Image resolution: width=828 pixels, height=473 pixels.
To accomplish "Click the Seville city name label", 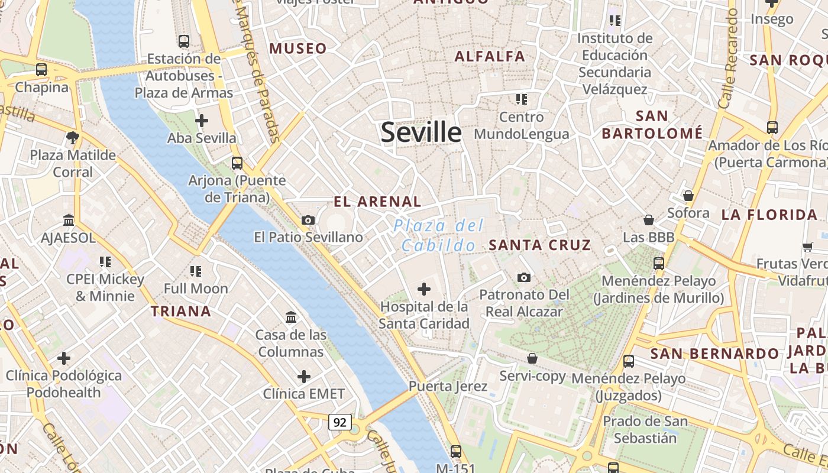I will pos(421,132).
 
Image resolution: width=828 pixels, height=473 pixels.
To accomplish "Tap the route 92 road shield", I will pos(339,422).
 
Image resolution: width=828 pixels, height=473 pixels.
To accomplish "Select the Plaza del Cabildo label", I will pos(438,235).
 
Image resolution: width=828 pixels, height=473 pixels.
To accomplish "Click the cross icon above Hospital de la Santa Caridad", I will pos(424,289).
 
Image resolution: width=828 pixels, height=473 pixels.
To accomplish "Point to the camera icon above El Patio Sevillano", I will pos(308,221).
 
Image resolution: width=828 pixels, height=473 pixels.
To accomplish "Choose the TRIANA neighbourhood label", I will pos(181,311).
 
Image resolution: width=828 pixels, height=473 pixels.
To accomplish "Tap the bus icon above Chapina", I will pos(41,70).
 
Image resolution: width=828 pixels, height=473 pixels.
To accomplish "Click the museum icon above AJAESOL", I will pos(69,221).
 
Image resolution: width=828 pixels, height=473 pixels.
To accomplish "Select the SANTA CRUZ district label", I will pos(540,245).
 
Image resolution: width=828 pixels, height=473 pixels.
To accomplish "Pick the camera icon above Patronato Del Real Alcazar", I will pos(523,277).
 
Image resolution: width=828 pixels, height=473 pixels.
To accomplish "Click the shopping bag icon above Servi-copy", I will pos(532,358).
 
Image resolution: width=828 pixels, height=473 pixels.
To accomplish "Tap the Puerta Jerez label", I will pos(448,387).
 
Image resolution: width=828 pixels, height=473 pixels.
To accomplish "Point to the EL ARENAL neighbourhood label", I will pos(377,202).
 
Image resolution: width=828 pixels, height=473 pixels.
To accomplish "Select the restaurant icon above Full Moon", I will pos(196,271).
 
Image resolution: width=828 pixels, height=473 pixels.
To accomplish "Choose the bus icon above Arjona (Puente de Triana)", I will pos(237,163).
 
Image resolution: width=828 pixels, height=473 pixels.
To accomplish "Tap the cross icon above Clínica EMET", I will pos(304,377).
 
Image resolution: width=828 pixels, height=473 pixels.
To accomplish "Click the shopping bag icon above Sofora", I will pos(688,196).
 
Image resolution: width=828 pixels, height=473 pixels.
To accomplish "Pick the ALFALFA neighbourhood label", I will pos(490,56).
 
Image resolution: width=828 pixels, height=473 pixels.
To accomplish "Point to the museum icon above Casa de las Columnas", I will pos(291,318).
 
